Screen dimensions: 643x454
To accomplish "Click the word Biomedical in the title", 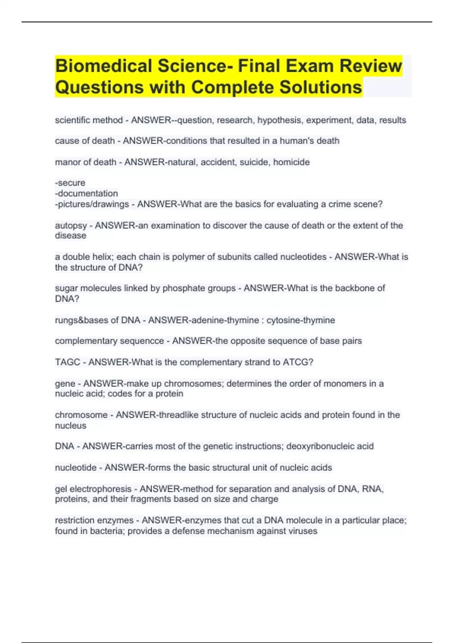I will point(103,66).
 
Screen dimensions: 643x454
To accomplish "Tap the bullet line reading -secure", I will point(70,183).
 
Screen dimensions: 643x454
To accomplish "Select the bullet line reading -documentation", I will point(87,194).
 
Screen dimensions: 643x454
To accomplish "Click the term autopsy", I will point(71,226).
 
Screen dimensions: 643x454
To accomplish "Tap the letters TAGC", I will point(67,362).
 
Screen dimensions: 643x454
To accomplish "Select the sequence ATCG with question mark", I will point(298,362).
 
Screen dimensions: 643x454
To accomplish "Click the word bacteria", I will point(107,531).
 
